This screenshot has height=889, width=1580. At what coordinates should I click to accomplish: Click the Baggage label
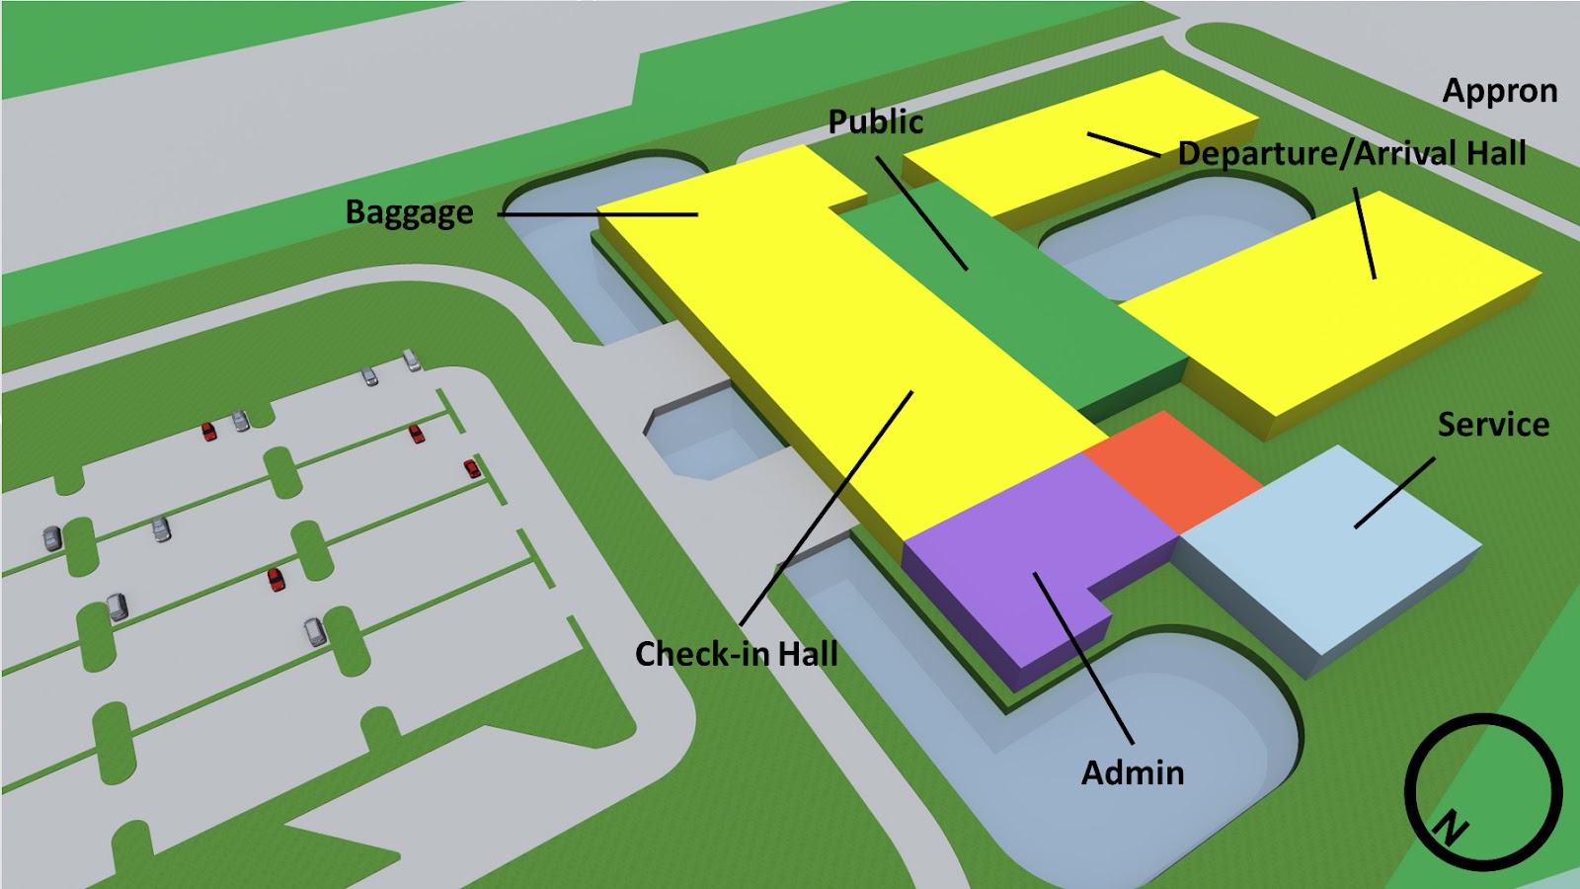[x=409, y=213]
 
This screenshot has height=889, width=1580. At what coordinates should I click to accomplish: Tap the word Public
[x=875, y=122]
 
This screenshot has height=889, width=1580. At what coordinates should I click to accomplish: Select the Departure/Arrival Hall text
[x=1352, y=154]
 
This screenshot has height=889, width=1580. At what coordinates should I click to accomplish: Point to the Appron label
[x=1499, y=91]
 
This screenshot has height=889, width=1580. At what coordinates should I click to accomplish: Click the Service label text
[x=1492, y=425]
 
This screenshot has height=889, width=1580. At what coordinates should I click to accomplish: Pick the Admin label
[x=1132, y=772]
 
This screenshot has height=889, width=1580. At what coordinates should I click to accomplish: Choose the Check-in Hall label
[x=736, y=654]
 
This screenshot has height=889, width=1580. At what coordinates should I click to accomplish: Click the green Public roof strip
[x=1047, y=306]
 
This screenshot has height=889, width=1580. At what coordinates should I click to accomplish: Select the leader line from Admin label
[x=1083, y=658]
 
